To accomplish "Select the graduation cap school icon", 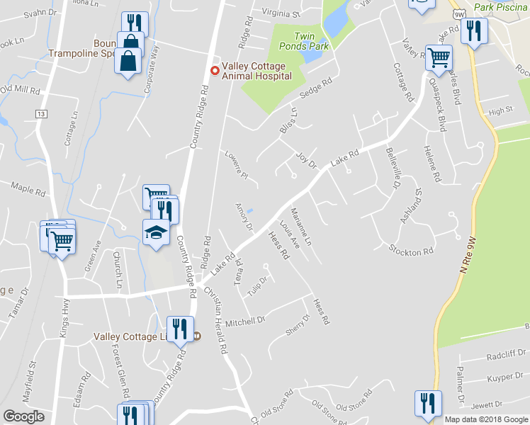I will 156,231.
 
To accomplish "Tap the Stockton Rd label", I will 411,251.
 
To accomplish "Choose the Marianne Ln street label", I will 300,227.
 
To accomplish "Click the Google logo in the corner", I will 24,416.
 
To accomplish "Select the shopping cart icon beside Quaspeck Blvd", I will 439,56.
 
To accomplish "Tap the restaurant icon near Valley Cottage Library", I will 180,328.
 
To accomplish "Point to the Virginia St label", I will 281,13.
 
